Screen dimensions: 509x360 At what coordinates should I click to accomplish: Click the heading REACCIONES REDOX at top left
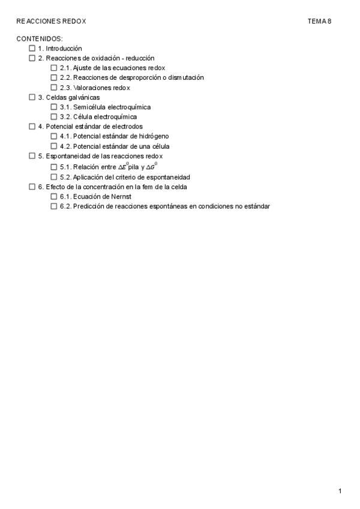52,21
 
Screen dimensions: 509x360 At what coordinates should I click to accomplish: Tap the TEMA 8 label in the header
319,21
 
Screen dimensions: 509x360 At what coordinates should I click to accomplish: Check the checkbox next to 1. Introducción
32,49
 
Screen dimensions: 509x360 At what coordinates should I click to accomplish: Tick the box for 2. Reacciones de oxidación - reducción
32,58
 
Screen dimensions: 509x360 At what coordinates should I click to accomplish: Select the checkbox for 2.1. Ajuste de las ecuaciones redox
54,68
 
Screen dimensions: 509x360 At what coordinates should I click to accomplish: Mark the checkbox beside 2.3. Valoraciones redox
54,88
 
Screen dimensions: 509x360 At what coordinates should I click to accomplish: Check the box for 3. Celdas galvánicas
32,97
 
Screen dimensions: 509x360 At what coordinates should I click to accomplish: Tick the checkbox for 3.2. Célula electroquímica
54,117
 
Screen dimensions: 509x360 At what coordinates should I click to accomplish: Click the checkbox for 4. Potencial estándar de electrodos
32,127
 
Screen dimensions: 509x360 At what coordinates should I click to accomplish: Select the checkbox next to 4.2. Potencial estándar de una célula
54,146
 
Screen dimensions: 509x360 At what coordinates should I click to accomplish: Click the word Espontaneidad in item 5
66,156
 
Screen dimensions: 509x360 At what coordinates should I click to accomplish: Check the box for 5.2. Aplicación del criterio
54,177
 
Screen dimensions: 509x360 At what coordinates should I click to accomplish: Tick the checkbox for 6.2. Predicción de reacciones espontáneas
54,206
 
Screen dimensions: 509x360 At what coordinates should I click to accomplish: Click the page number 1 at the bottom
340,492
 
